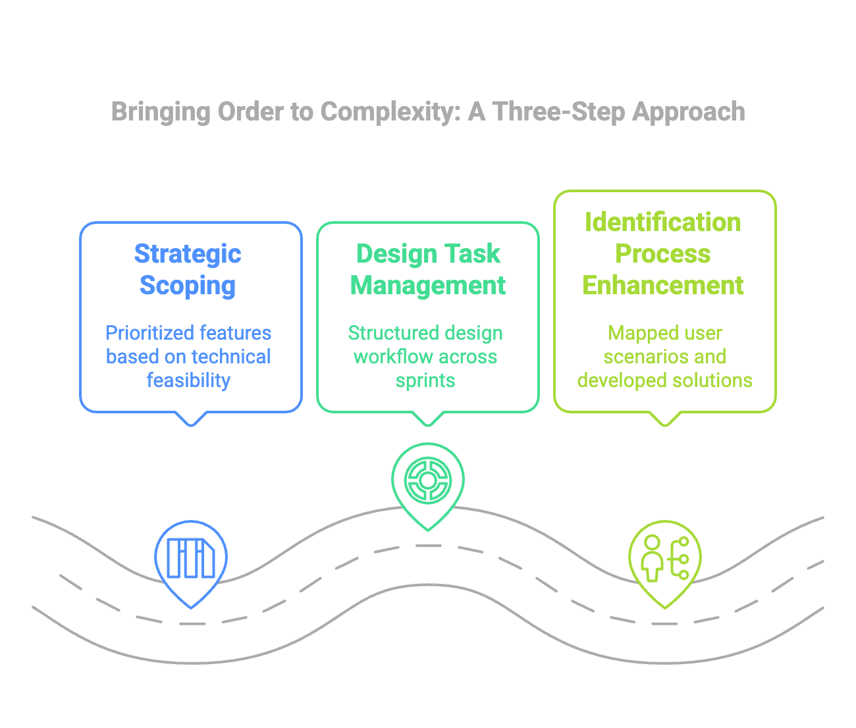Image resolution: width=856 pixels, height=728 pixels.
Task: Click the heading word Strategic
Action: click(188, 254)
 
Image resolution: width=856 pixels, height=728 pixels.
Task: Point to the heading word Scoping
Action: click(188, 286)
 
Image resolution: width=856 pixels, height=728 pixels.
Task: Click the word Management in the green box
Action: click(428, 285)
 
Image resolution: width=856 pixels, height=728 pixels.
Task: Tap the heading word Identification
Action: click(662, 222)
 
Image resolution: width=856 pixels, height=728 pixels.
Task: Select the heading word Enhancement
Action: click(662, 285)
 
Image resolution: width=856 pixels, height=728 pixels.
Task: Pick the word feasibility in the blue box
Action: click(188, 380)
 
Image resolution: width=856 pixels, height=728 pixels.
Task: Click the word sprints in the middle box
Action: click(425, 381)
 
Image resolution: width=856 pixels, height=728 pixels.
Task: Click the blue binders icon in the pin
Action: click(191, 558)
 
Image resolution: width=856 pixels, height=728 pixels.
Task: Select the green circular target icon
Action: click(428, 481)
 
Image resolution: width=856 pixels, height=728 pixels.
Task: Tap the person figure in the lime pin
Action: click(652, 558)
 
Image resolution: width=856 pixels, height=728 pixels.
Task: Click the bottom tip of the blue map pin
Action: click(191, 608)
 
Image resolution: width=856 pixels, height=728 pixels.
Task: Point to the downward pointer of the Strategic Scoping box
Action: click(191, 419)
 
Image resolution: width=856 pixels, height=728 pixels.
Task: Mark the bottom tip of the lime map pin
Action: click(665, 608)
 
